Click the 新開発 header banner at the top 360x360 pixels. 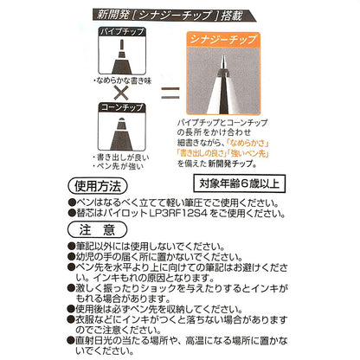click(174, 15)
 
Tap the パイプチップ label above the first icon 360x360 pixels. click(122, 31)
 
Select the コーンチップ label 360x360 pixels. click(122, 107)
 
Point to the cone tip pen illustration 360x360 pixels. click(122, 133)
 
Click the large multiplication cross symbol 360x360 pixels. click(121, 93)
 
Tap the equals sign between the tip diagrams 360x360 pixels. click(170, 93)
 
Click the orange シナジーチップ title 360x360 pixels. click(223, 39)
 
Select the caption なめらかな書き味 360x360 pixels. click(122, 80)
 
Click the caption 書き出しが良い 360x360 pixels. click(121, 157)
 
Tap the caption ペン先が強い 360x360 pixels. click(119, 166)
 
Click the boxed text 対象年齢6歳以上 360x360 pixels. click(239, 183)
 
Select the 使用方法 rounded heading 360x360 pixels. click(98, 186)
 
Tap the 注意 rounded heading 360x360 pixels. click(98, 230)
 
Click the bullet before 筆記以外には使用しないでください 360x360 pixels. click(71, 246)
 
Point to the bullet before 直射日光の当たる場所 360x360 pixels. click(71, 340)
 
